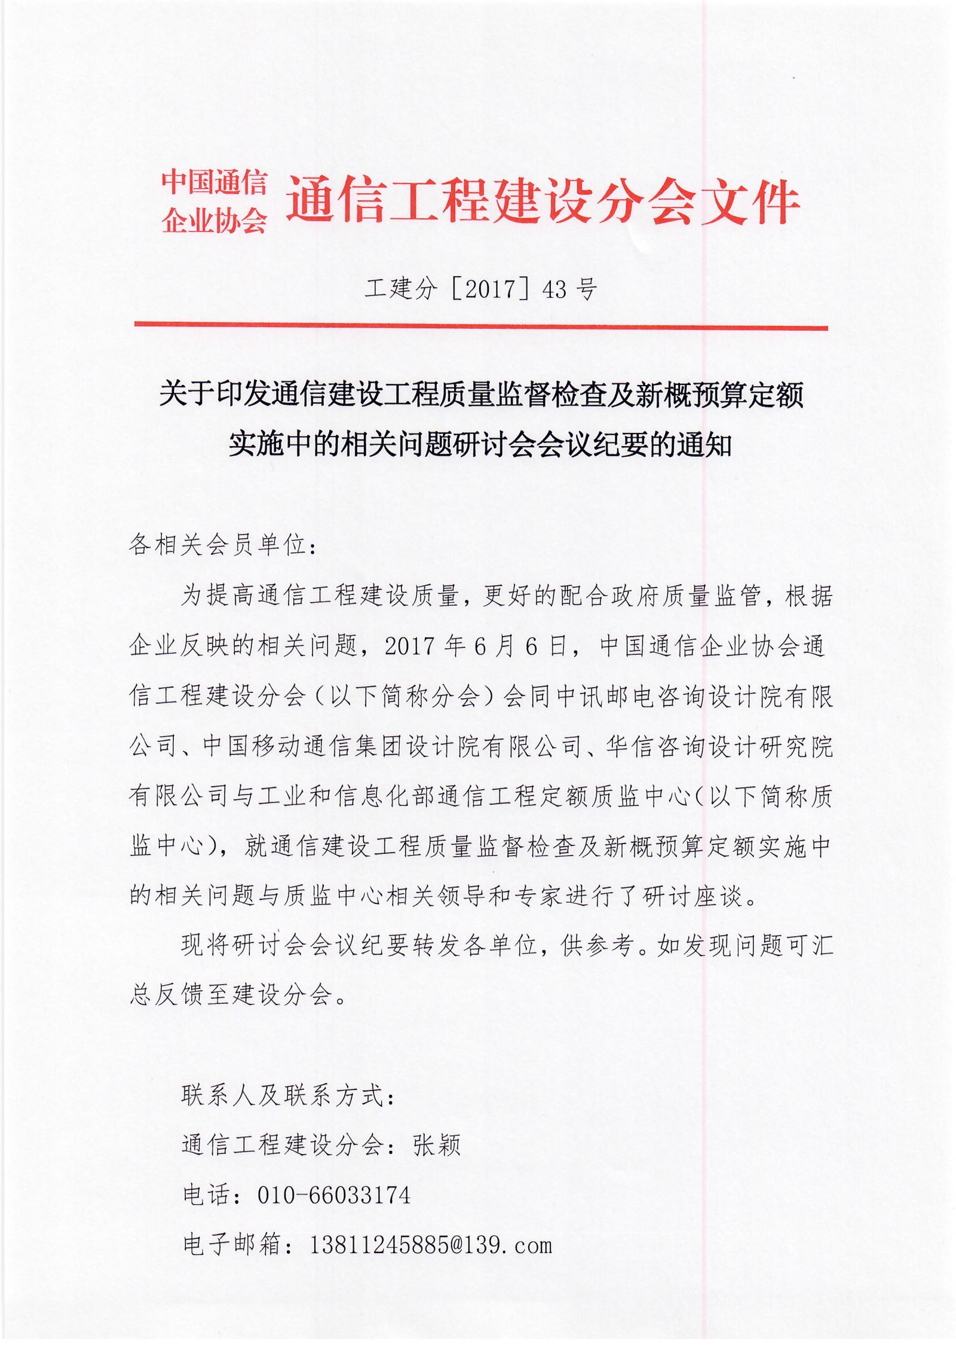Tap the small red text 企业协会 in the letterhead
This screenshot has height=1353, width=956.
214,221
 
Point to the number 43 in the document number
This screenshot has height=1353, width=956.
554,289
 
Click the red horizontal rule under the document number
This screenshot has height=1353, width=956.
481,326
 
